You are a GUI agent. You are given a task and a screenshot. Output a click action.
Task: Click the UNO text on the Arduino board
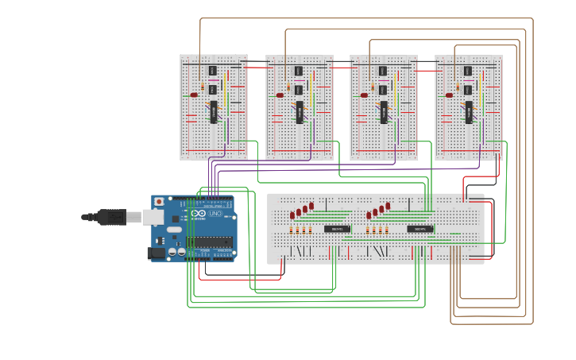point(215,214)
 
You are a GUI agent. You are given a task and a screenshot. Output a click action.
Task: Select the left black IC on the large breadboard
point(337,229)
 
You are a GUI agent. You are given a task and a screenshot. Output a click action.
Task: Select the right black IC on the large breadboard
point(420,229)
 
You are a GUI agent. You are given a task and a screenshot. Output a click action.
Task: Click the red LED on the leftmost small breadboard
point(194,95)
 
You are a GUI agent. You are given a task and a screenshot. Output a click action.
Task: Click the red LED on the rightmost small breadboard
point(449,95)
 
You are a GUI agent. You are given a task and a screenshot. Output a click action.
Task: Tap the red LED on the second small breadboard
point(280,95)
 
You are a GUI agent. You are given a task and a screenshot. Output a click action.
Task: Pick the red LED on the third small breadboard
point(364,95)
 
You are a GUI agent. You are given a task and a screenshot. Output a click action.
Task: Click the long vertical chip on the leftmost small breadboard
point(213,112)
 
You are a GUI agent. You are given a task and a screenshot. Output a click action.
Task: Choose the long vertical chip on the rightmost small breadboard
point(468,112)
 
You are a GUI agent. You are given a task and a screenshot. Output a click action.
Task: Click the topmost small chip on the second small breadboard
point(299,71)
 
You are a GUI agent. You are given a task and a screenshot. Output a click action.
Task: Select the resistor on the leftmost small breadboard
point(203,87)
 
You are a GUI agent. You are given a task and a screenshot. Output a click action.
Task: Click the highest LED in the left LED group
point(311,206)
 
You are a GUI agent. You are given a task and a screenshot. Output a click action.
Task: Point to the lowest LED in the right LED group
point(369,215)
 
